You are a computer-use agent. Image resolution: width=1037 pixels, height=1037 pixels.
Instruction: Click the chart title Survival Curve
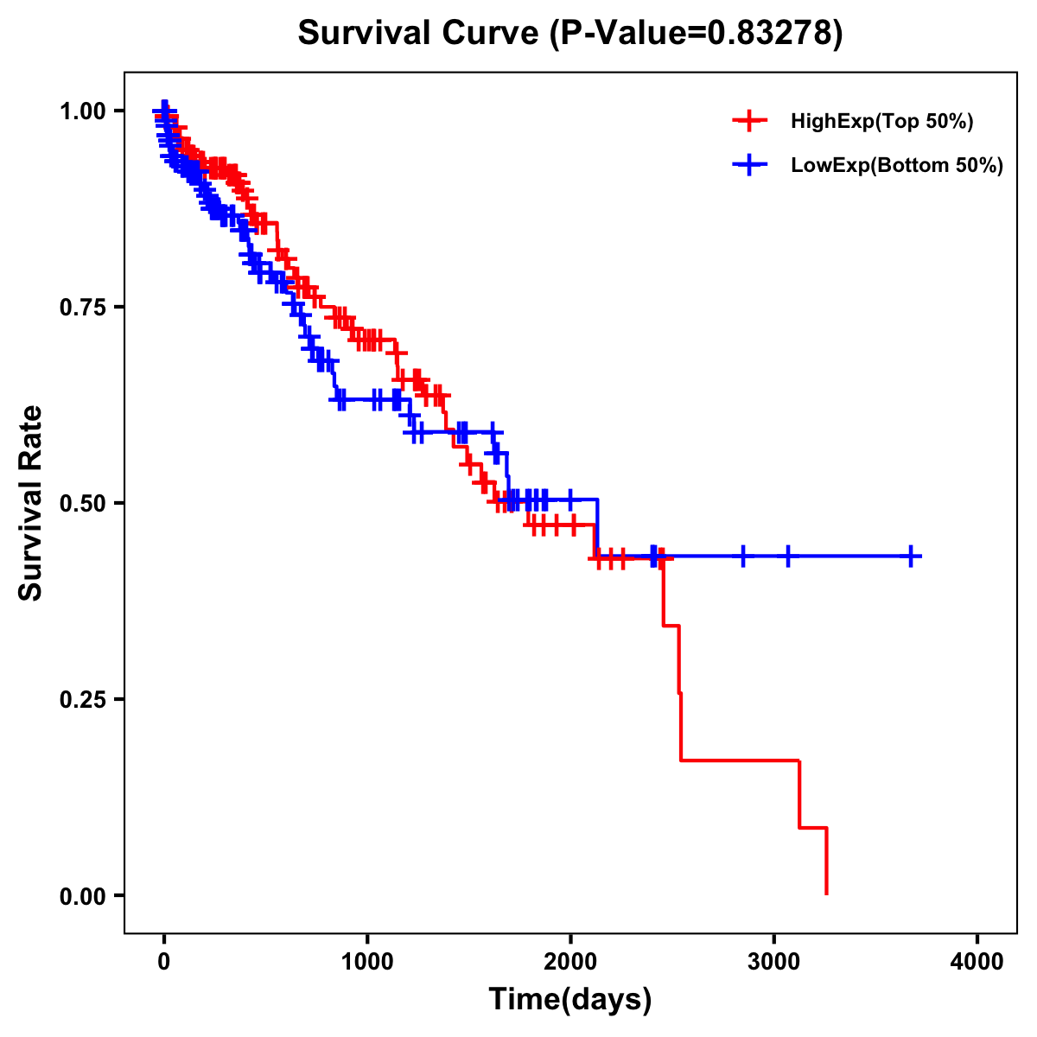point(419,33)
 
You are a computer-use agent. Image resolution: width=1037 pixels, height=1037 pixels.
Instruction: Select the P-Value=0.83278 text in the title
point(697,33)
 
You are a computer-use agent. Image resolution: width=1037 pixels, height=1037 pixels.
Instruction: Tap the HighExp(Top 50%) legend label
point(881,122)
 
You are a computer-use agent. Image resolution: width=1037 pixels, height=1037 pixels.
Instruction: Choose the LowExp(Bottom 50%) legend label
point(897,166)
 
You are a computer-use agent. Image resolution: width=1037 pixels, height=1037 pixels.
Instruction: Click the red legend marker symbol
point(749,122)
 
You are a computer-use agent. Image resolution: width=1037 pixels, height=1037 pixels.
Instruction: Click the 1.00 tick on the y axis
point(82,111)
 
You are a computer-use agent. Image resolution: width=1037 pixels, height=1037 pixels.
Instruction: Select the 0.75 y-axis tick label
point(82,307)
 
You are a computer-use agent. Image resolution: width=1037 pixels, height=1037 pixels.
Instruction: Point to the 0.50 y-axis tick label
point(82,503)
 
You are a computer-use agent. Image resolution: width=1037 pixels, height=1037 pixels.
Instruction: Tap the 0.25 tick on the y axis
point(82,699)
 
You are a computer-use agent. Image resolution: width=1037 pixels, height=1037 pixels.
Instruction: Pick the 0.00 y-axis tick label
point(82,895)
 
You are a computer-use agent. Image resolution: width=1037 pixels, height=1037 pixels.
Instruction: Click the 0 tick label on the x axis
point(164,962)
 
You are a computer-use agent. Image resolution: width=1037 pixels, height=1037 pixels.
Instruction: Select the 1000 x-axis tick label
point(367,962)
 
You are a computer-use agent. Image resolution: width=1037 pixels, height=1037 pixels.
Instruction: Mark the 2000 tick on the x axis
point(570,962)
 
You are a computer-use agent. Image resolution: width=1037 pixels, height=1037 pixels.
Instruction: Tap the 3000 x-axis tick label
point(774,962)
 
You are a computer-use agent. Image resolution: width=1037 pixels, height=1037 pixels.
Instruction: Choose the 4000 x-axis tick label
point(977,962)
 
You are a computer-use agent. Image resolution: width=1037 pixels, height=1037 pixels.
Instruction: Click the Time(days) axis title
point(570,1000)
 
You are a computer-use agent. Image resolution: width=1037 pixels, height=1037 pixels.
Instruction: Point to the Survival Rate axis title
point(31,503)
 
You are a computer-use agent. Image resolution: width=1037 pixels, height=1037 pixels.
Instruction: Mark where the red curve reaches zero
point(827,894)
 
